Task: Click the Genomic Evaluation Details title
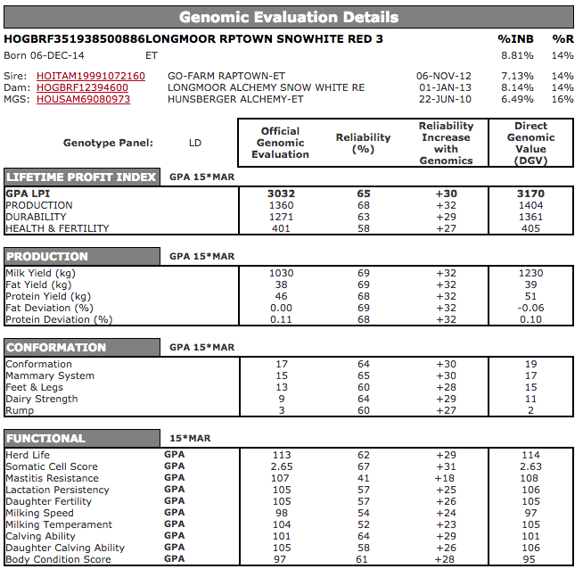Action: tap(289, 17)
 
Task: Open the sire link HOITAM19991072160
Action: tap(90, 76)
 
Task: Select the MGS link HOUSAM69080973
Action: tap(83, 99)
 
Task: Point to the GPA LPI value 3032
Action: tap(281, 194)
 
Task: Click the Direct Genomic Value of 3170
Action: tap(530, 194)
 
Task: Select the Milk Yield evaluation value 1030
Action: tap(281, 273)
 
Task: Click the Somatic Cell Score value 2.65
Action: tap(281, 466)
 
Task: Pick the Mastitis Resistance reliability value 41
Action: tap(363, 478)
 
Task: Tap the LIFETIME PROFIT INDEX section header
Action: tap(82, 177)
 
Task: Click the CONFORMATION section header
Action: tap(56, 347)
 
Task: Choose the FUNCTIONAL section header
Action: tap(45, 438)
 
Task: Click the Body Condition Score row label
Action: tap(59, 559)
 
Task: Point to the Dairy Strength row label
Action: tap(42, 399)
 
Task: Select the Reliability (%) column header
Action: tap(363, 143)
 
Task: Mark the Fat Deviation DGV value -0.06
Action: tap(530, 308)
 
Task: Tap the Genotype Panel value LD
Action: tap(195, 143)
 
